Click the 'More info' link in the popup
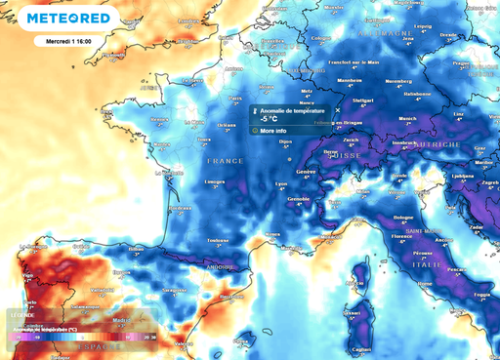[x=273, y=130]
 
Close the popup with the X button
[x=338, y=110]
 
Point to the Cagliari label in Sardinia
[x=361, y=348]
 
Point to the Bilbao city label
[x=136, y=250]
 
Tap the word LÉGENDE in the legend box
[x=21, y=315]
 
